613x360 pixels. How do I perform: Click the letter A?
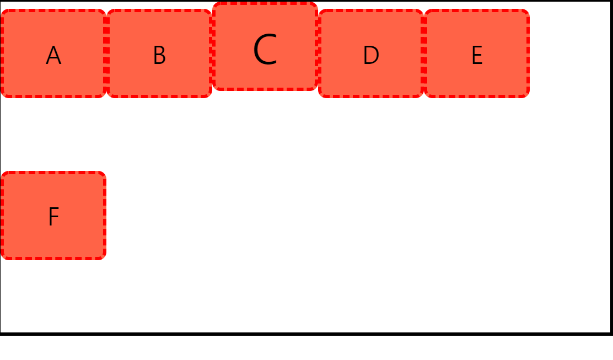tap(53, 56)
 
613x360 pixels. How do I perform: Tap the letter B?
tap(159, 56)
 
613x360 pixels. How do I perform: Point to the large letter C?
tap(265, 50)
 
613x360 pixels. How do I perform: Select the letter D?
tap(371, 56)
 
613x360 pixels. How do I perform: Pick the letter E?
tap(477, 56)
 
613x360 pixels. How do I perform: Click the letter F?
tap(53, 217)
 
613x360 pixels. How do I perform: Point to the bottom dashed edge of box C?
tap(265, 88)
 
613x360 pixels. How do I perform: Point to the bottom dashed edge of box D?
tap(371, 95)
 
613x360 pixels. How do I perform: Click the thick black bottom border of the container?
tap(306, 334)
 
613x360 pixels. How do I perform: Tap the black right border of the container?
tap(611, 165)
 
